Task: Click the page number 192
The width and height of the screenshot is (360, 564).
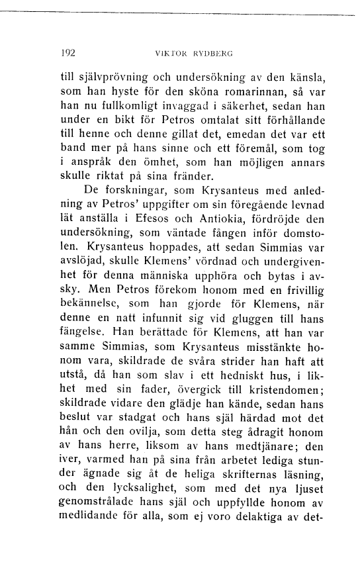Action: click(67, 52)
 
